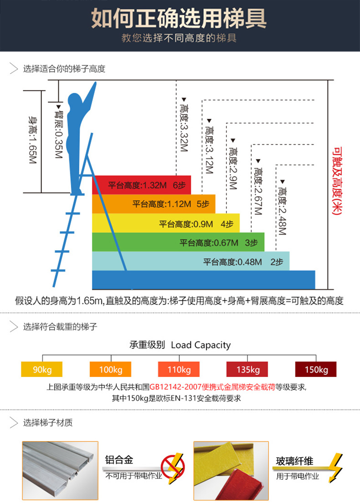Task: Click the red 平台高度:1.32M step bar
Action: tap(142, 185)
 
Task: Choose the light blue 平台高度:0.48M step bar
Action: tap(191, 261)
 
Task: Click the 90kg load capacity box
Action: tap(42, 369)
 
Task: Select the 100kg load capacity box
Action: tap(110, 369)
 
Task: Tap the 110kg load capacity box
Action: tap(179, 369)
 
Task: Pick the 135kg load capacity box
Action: tap(247, 369)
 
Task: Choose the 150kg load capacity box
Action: tap(316, 369)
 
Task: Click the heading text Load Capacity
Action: tap(201, 345)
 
